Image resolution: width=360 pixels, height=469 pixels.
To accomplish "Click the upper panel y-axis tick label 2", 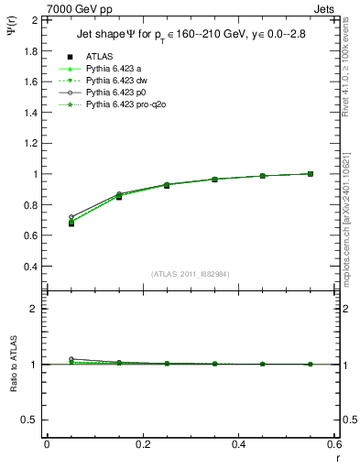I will coord(34,19).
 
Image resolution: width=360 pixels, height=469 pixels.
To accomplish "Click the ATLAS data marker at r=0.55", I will coord(311,173).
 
